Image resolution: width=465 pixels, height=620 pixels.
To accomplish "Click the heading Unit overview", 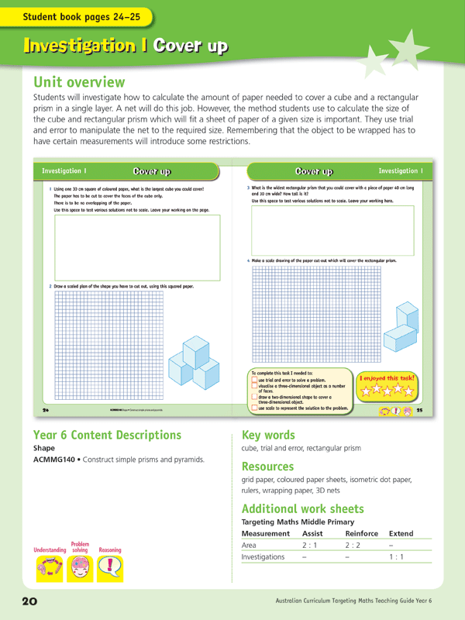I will [78, 81].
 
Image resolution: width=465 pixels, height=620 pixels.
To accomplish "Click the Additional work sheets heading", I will [302, 508].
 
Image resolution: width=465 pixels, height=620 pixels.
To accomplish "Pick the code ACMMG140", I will [59, 460].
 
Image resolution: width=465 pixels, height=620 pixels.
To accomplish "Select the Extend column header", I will [401, 534].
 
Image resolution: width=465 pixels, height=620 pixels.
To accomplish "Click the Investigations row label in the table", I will [263, 557].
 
